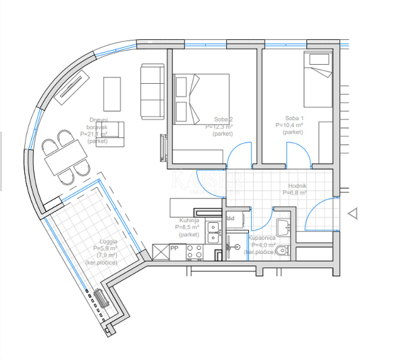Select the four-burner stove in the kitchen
[x=194, y=253]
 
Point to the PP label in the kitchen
[x=173, y=249]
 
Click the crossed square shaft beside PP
[x=161, y=252]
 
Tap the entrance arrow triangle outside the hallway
[x=352, y=213]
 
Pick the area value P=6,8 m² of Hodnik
[x=294, y=192]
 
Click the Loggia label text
[x=107, y=241]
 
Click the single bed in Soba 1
[x=317, y=79]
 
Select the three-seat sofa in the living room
[x=152, y=91]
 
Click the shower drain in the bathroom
[x=237, y=248]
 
